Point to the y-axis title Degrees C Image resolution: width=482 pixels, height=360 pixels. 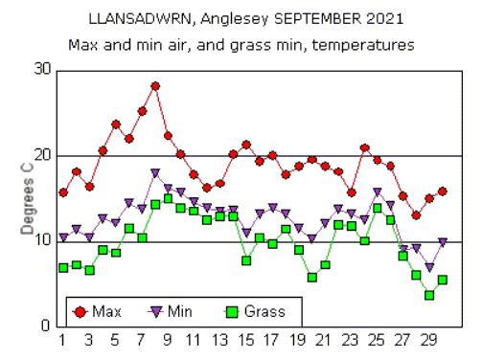pyautogui.click(x=29, y=197)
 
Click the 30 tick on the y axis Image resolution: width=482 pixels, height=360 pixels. pyautogui.click(x=43, y=70)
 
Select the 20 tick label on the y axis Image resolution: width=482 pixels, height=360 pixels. pyautogui.click(x=43, y=155)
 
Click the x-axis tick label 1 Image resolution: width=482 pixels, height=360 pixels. pyautogui.click(x=63, y=340)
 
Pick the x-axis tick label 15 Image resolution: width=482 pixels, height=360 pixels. pyautogui.click(x=246, y=340)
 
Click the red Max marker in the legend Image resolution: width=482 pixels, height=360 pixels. pyautogui.click(x=80, y=310)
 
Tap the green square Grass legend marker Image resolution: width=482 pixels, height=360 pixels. pyautogui.click(x=230, y=310)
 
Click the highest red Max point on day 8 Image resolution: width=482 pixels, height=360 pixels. pyautogui.click(x=155, y=86)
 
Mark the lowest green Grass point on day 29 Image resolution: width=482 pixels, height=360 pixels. pyautogui.click(x=429, y=295)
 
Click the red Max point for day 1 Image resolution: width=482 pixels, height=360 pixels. pyautogui.click(x=63, y=192)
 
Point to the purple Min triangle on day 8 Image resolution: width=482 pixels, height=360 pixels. pyautogui.click(x=155, y=173)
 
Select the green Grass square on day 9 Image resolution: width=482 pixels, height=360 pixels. pyautogui.click(x=168, y=199)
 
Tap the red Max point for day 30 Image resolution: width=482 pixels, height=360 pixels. pyautogui.click(x=443, y=191)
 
